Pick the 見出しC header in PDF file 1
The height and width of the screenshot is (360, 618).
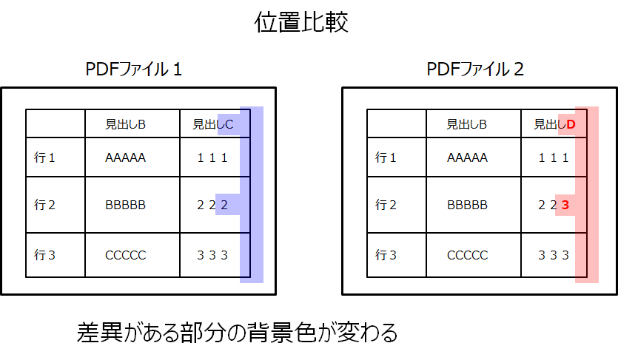pyautogui.click(x=212, y=124)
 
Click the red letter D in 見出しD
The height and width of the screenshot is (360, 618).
pyautogui.click(x=571, y=124)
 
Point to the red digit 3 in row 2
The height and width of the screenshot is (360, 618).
pyautogui.click(x=565, y=205)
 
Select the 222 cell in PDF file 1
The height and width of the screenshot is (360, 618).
pyautogui.click(x=212, y=205)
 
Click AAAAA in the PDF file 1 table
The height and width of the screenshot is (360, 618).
pyautogui.click(x=126, y=157)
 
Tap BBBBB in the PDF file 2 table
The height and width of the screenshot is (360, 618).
pyautogui.click(x=468, y=205)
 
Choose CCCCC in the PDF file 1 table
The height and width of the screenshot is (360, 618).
pyautogui.click(x=126, y=255)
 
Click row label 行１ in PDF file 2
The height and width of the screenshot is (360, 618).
pyautogui.click(x=386, y=157)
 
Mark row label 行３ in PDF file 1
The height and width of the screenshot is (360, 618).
pyautogui.click(x=45, y=255)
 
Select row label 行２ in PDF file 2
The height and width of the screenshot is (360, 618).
pyautogui.click(x=386, y=205)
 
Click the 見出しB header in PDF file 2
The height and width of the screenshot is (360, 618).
pyautogui.click(x=467, y=124)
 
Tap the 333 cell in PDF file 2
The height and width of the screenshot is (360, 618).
pyautogui.click(x=554, y=255)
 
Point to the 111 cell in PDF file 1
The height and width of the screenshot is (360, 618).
pyautogui.click(x=212, y=157)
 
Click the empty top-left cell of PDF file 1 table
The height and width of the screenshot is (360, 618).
pyautogui.click(x=56, y=123)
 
